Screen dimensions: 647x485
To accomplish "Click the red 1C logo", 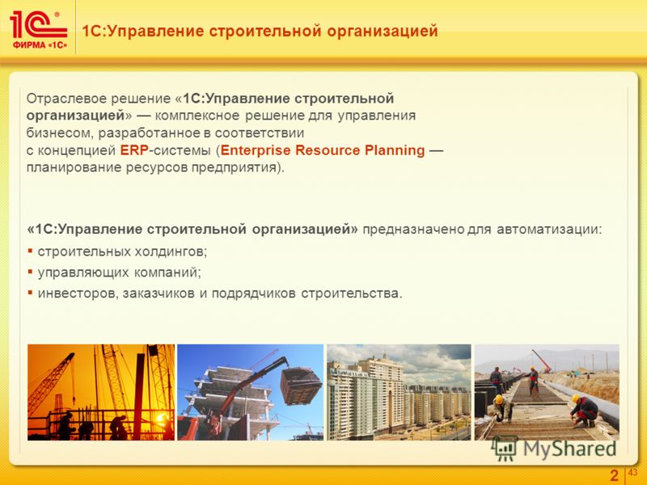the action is coord(38,25).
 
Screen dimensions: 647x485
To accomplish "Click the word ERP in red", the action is coord(134,150).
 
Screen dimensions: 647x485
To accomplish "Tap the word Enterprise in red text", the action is coord(256,150).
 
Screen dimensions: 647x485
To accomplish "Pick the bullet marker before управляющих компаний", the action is coord(30,272).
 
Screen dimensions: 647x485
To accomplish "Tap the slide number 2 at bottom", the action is coord(615,475).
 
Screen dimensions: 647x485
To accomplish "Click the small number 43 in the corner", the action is coord(632,472).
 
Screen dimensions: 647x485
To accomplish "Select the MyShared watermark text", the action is coord(569,449).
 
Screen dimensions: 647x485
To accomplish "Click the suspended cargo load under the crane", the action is coord(301,386).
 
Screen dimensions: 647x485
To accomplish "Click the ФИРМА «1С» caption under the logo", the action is coord(40,45).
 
